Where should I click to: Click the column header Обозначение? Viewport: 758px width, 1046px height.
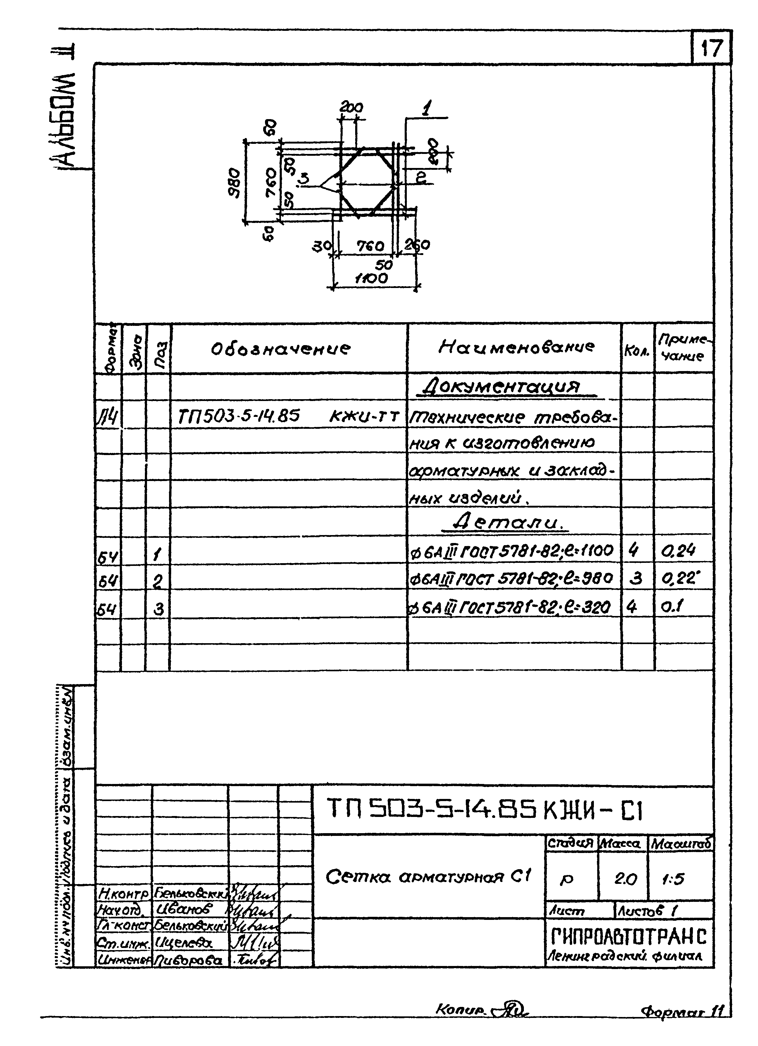click(281, 349)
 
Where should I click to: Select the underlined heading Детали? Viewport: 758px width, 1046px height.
click(510, 523)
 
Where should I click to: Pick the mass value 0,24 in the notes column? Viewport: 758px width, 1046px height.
click(678, 550)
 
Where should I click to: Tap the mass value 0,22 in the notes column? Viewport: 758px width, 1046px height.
click(678, 578)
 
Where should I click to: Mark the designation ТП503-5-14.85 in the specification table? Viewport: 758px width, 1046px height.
click(239, 417)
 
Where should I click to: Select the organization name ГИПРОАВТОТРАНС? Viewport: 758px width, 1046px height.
click(629, 937)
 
